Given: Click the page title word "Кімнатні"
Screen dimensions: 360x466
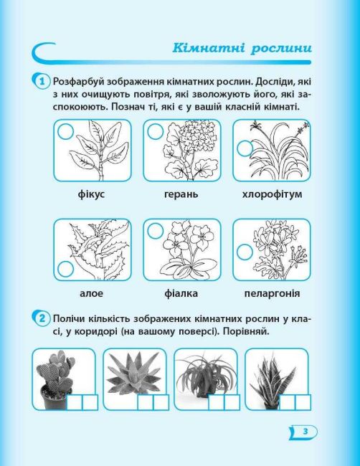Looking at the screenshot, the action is tap(209, 48).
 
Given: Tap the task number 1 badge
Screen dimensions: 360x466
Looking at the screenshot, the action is tap(42, 81).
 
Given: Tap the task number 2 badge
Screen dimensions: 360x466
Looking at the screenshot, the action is tap(42, 318).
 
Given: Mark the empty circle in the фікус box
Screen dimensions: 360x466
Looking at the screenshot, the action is tap(65, 132).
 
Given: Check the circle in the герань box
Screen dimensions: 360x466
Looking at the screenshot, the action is tap(156, 132).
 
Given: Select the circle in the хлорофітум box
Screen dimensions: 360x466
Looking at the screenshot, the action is tap(245, 148).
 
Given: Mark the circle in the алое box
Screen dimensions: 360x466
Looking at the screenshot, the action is tap(66, 270).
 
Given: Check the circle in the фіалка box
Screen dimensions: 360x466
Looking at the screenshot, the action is tap(156, 231).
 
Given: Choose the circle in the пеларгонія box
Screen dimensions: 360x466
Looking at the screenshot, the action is tap(245, 252).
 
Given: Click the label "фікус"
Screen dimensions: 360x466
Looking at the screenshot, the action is tap(92, 194).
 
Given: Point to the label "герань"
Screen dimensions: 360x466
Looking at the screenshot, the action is tap(181, 195).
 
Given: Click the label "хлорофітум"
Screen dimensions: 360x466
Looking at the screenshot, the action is tap(272, 194).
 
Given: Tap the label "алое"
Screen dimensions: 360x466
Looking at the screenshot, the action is tap(92, 294).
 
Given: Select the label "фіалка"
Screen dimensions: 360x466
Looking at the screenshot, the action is tap(181, 294).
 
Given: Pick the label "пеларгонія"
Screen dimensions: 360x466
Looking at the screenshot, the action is tap(272, 294).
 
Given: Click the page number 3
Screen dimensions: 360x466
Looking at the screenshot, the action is tap(305, 431).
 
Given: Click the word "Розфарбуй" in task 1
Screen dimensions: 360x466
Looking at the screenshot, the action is tap(78, 82).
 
